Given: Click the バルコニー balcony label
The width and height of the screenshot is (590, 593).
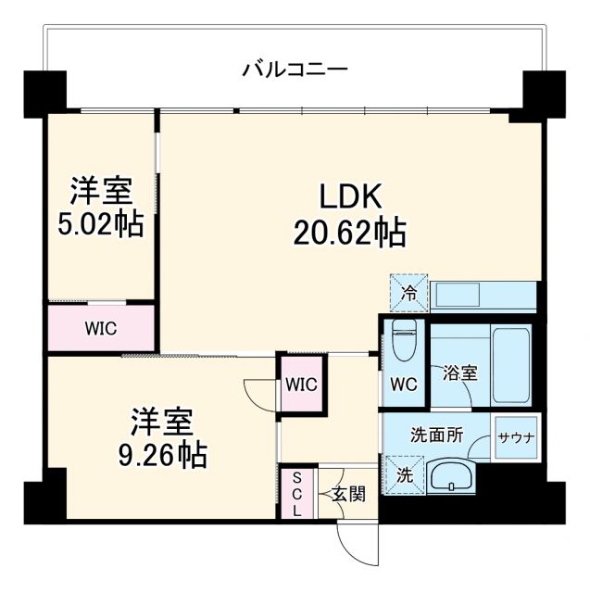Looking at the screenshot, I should tap(295, 69).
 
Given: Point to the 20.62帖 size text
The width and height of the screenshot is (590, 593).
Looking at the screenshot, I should tap(349, 233).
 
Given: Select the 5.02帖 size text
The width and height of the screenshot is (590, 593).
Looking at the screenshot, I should tap(102, 225).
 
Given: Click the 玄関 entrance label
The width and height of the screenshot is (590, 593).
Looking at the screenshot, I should tap(348, 493).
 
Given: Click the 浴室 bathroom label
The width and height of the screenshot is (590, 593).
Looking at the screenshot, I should tap(459, 373).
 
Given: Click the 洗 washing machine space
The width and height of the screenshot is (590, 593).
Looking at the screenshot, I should tap(405, 476).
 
